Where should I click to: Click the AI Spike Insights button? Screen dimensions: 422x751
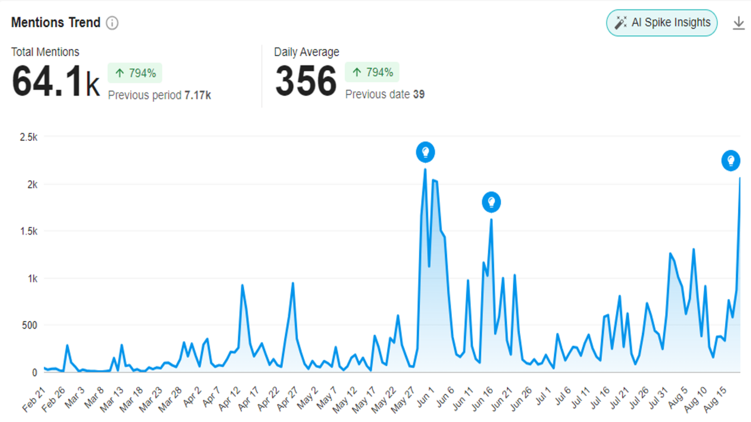pos(662,23)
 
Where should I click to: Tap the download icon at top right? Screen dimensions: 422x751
pos(739,23)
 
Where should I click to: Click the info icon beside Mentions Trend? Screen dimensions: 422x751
pos(112,23)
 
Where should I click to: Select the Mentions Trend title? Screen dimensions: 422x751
pos(56,23)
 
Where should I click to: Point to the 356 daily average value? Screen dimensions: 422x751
pos(306,81)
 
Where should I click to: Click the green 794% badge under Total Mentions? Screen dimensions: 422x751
pos(135,73)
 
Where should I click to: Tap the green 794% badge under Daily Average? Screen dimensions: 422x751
pos(372,73)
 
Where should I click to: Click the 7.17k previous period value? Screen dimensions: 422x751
pos(197,95)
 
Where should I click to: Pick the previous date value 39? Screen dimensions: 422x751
pos(418,94)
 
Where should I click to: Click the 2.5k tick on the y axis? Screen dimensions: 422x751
pos(29,137)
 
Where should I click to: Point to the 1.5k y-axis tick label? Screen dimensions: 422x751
pos(29,232)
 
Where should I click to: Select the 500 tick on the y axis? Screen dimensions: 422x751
pos(29,325)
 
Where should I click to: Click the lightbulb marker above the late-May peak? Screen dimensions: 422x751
pos(425,152)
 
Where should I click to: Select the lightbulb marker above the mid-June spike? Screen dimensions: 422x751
pos(492,203)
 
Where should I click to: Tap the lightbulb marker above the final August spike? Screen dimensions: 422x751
pos(730,160)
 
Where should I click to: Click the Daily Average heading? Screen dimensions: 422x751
pos(306,52)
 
